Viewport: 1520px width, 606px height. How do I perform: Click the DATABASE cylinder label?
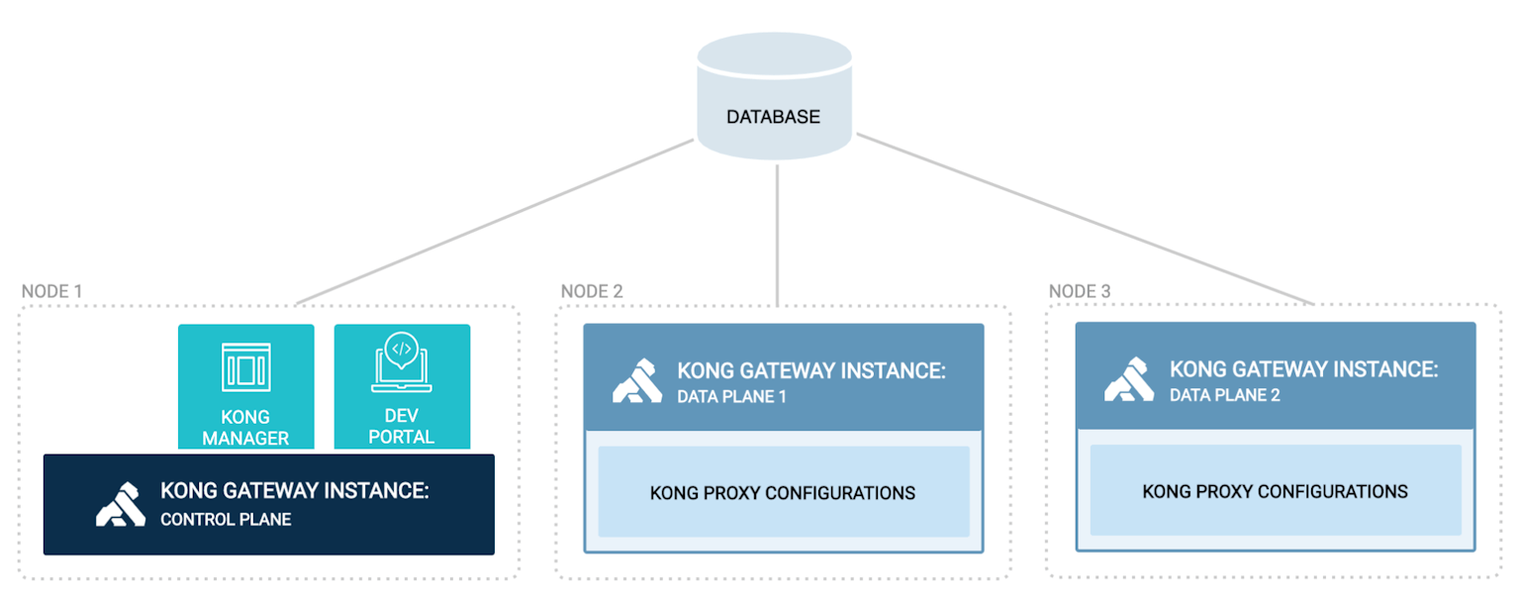pos(773,117)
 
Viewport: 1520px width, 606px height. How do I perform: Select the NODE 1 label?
pos(51,291)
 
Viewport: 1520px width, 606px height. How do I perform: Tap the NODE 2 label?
pos(592,291)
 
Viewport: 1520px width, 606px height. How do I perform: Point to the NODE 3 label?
pos(1080,291)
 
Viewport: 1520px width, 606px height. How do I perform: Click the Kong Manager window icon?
pos(245,367)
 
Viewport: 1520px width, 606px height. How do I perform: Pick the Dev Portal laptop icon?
pos(402,363)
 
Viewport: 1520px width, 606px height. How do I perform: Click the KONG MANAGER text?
pos(245,427)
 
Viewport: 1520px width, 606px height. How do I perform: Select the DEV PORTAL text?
pos(402,427)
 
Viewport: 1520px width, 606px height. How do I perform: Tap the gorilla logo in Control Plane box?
pos(121,504)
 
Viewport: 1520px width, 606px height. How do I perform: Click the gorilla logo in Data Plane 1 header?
pos(637,382)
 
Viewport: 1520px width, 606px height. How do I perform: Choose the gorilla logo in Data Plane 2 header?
pos(1129,380)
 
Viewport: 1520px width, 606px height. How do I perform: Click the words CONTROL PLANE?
pos(226,519)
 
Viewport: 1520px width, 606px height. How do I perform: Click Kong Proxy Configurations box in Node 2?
pos(783,492)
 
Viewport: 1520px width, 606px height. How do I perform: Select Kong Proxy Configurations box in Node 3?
pos(1275,491)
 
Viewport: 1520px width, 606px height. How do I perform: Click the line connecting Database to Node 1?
pos(495,222)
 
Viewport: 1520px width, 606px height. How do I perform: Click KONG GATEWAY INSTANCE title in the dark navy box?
pos(294,491)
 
